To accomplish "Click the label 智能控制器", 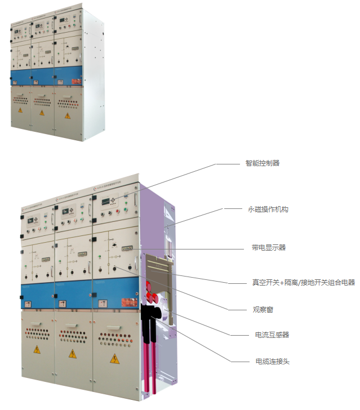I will pos(262,163).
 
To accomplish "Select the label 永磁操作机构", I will pos(268,209).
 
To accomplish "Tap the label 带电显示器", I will pos(269,247).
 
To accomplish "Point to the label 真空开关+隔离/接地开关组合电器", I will pos(303,282).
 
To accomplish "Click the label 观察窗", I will pos(263,309).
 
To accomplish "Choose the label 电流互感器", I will pos(272,335).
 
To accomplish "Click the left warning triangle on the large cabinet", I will pos(37,350).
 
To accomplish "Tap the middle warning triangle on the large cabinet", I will pos(73,354).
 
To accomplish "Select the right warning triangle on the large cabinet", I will pos(114,358).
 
